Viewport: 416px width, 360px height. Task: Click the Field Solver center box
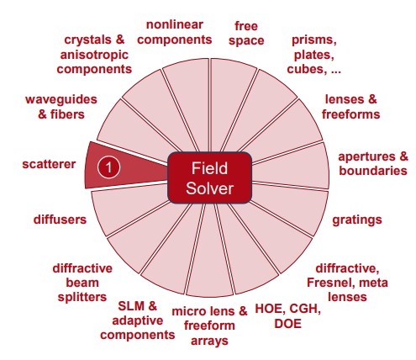[x=209, y=177]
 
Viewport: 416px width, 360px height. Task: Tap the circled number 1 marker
[x=108, y=167]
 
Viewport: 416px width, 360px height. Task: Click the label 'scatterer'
[x=49, y=164]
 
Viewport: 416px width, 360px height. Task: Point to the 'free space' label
[x=246, y=33]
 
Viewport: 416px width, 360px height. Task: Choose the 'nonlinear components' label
[x=175, y=32]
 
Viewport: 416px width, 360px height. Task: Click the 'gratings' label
[x=357, y=220]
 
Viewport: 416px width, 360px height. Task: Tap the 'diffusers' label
[x=60, y=220]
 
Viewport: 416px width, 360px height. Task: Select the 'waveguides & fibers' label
[x=61, y=107]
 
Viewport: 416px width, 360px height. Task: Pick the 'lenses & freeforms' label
[x=350, y=107]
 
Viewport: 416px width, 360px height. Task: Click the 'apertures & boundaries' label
[x=373, y=163]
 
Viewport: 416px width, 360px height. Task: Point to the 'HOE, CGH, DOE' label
[x=287, y=316]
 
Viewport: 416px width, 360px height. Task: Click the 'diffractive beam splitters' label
[x=82, y=283]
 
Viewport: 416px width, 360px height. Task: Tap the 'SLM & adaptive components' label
[x=137, y=320]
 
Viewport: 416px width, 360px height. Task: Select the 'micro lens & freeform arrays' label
[x=209, y=326]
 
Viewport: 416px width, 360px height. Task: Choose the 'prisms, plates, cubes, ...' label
[x=313, y=55]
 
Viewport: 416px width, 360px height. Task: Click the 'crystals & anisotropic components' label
[x=94, y=55]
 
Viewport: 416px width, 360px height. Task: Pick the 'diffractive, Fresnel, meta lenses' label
[x=347, y=283]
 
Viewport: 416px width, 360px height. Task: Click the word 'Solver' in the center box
[x=209, y=188]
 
